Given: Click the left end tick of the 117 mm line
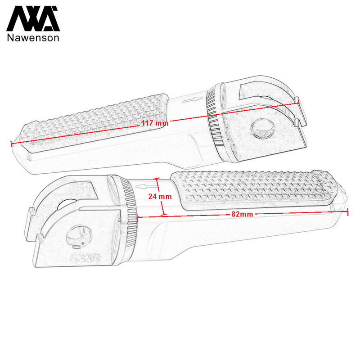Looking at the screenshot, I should (10, 144).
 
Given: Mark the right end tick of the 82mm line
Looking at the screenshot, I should (348, 212).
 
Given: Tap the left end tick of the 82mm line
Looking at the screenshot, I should (136, 217).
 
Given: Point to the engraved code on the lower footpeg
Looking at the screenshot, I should (85, 257).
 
